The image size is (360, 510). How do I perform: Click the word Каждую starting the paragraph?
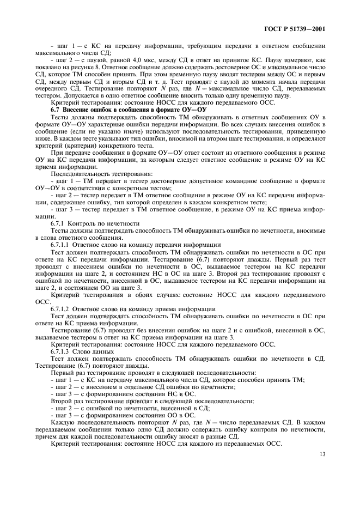point(65,422)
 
